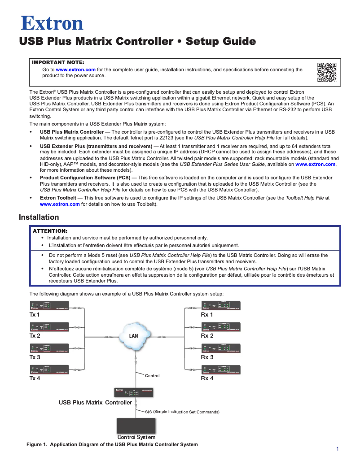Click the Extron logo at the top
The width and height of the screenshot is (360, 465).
(52, 23)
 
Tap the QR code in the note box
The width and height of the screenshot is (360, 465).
(327, 72)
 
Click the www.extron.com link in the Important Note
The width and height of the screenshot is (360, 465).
(75, 70)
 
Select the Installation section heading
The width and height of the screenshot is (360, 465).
(39, 217)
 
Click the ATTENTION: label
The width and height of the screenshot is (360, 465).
(50, 230)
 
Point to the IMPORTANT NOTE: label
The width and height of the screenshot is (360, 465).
(58, 62)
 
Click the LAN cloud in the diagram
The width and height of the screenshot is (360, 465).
(134, 336)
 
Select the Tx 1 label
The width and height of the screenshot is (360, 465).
(35, 315)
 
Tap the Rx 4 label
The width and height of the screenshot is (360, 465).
(207, 378)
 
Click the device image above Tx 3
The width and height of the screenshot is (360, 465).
(49, 348)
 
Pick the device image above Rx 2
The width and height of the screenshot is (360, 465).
(221, 327)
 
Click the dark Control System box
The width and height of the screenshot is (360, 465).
(136, 426)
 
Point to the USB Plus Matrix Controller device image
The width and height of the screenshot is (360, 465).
(134, 392)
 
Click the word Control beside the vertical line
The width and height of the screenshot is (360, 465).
(152, 376)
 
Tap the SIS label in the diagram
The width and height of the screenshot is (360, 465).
(149, 412)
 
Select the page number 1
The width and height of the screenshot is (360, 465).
(337, 449)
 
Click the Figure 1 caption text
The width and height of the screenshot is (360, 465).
(112, 445)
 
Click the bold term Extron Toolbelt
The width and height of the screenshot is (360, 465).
(58, 197)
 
